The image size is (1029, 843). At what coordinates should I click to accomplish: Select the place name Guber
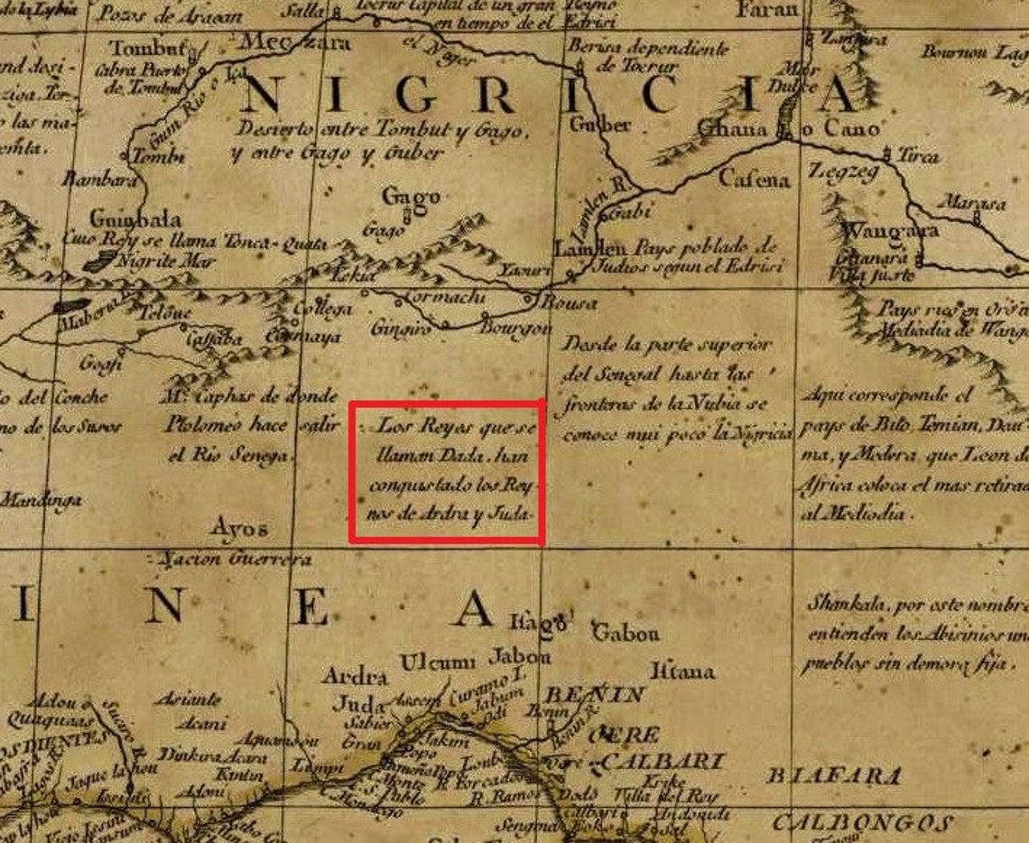tap(600, 125)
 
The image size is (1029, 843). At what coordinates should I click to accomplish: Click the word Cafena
tap(754, 179)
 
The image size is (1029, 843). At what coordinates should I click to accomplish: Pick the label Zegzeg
tap(843, 170)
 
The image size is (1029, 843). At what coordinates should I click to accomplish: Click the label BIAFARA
tap(833, 775)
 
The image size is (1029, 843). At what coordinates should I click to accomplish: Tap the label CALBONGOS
tap(862, 823)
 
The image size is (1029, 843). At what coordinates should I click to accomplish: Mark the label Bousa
tap(568, 303)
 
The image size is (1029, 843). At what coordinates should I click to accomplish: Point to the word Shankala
tap(844, 602)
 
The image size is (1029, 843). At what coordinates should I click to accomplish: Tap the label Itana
tap(681, 672)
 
